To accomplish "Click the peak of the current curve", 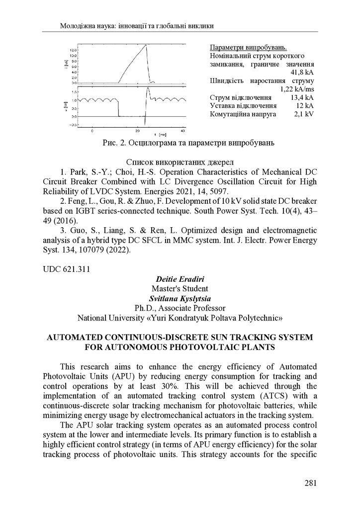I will point(146,46).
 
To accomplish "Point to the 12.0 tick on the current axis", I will point(73,51).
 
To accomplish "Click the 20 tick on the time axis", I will point(138,131).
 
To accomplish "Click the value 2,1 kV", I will point(304,114).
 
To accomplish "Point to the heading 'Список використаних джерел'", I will point(180,162).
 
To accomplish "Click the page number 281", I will point(310,482).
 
